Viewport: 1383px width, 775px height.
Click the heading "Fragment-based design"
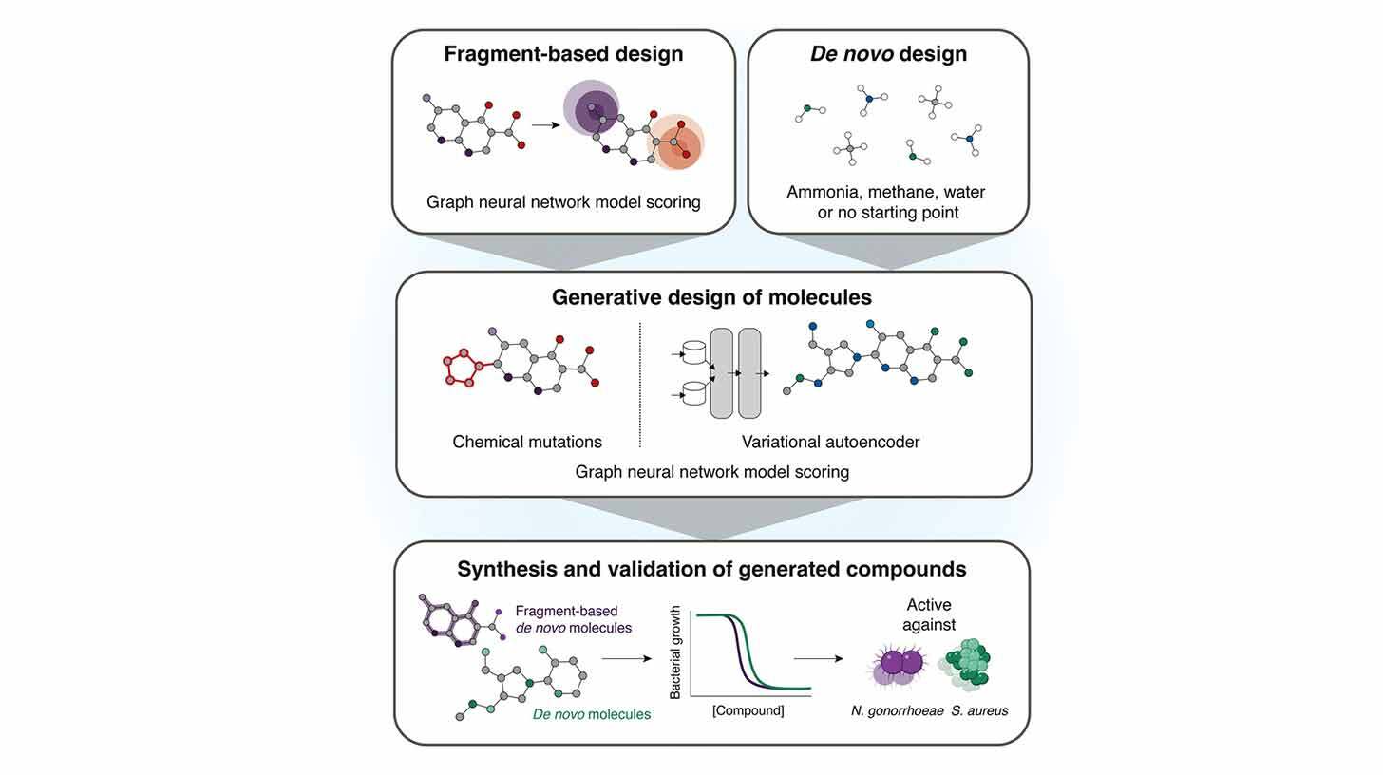pos(563,53)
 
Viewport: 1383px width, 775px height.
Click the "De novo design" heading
pos(888,53)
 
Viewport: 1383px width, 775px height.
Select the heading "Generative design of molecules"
pos(711,297)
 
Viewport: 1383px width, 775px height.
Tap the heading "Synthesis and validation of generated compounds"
pos(711,569)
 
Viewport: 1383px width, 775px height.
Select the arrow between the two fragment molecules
pos(545,124)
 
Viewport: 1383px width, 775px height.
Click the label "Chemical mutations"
pos(527,442)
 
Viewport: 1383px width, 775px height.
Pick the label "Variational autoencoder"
pos(830,442)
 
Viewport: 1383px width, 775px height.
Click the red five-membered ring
pos(461,367)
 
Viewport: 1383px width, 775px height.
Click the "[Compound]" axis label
pos(748,710)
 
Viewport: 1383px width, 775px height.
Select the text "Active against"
pos(929,614)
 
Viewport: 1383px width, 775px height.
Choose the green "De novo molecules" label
pos(591,714)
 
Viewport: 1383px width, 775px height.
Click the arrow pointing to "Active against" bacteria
pos(819,657)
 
